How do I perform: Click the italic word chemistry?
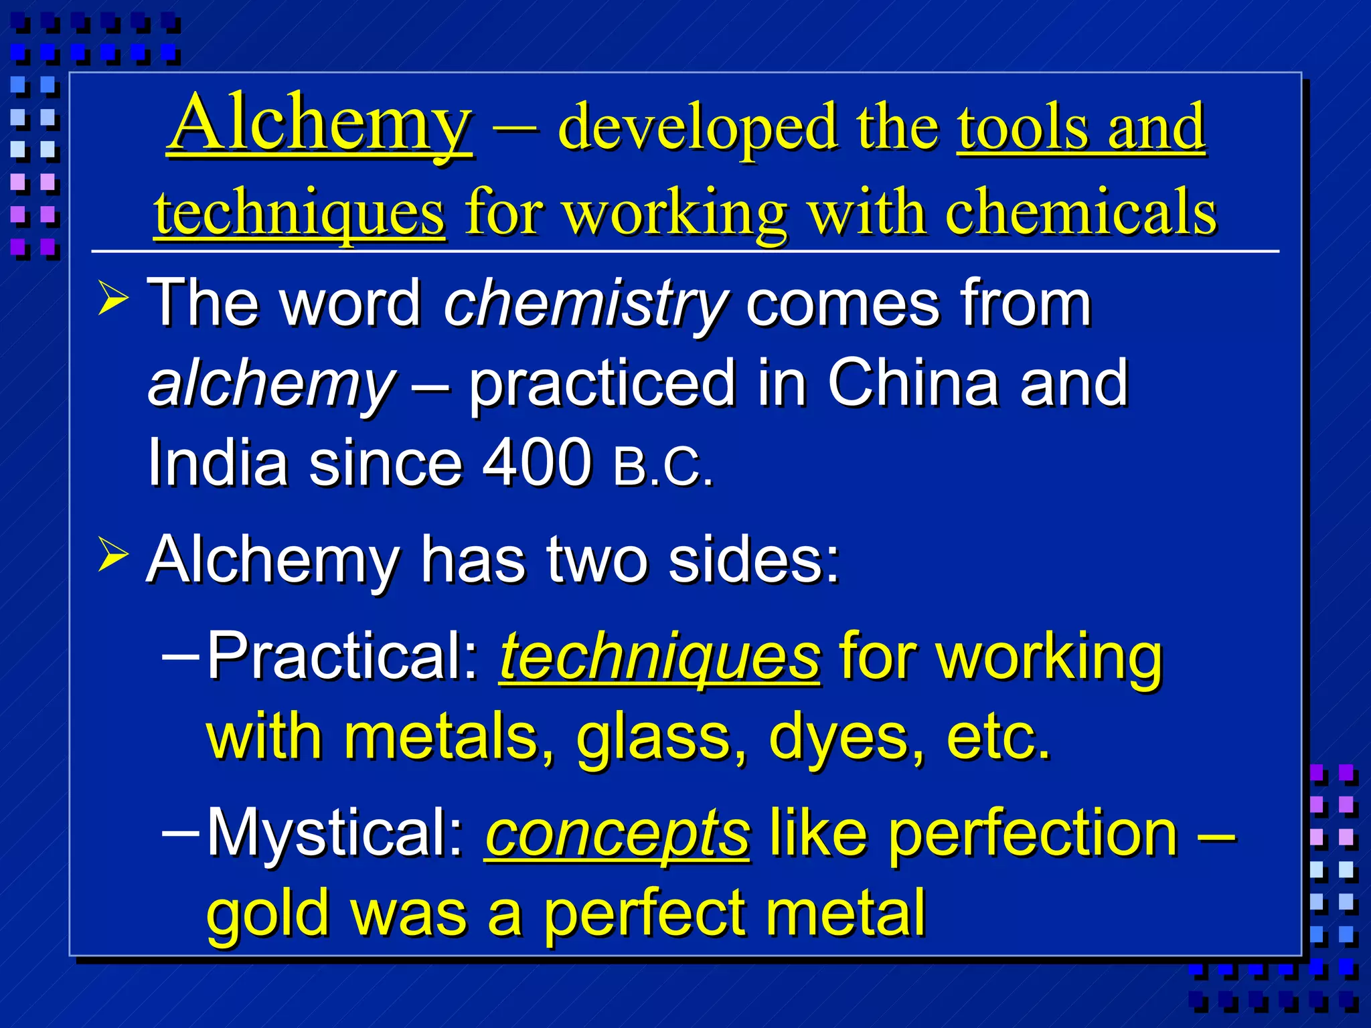(585, 305)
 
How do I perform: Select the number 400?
(537, 462)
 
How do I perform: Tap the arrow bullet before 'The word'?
(112, 298)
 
